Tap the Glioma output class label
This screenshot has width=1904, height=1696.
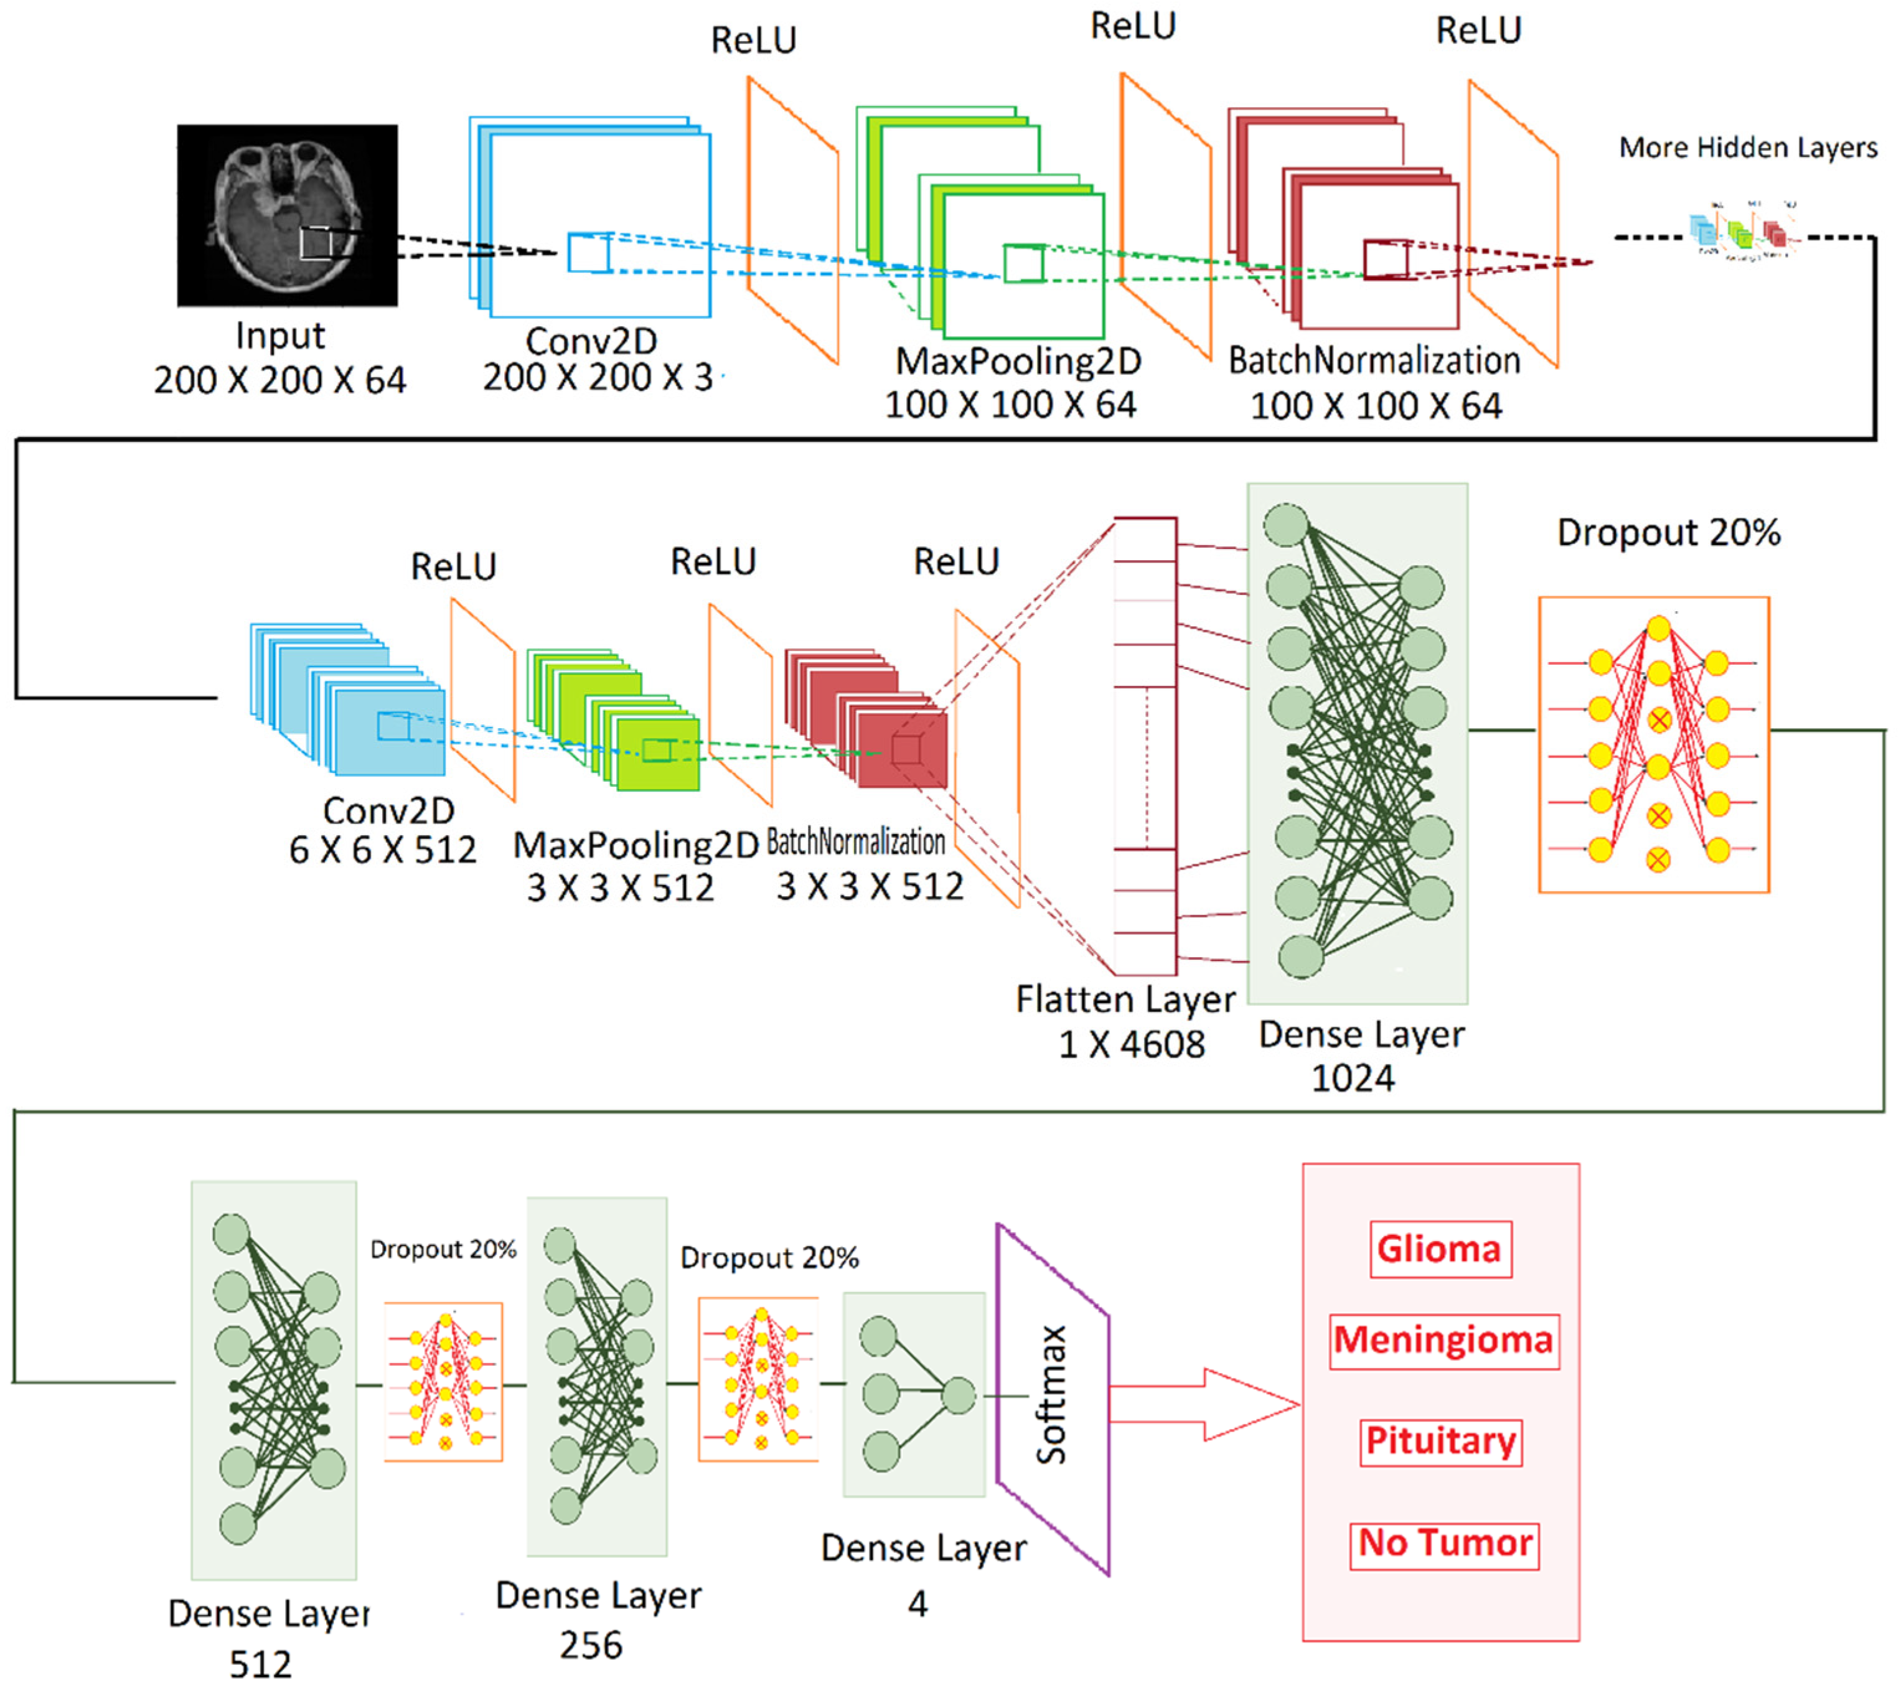point(1440,1249)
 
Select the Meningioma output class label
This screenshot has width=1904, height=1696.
point(1443,1340)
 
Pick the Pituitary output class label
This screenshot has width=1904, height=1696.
point(1441,1441)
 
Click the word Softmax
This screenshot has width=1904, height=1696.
point(1052,1395)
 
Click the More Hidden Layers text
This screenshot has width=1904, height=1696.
point(1747,148)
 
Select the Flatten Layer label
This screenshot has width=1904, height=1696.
point(1125,999)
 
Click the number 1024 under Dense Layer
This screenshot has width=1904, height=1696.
point(1353,1078)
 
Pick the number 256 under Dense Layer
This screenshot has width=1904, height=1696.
point(591,1646)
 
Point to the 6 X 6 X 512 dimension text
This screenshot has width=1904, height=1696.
point(382,850)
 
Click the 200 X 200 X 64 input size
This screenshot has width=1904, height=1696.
point(279,380)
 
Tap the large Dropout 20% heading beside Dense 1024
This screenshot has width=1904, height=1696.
point(1668,532)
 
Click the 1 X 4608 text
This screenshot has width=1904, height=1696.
point(1132,1044)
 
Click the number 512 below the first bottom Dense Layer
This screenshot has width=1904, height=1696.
point(261,1664)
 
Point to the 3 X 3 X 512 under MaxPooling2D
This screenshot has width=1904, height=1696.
point(620,887)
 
